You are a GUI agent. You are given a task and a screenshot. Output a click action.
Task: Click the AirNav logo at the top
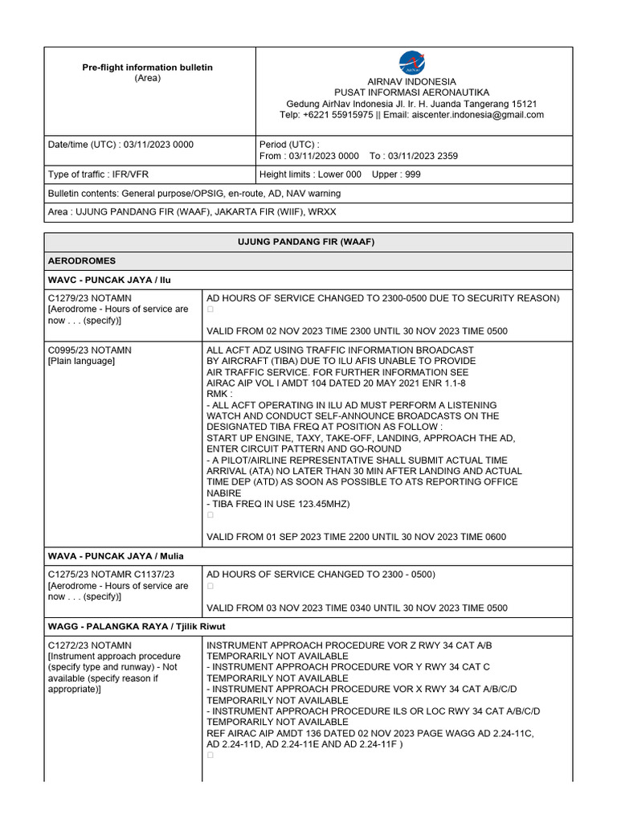point(411,63)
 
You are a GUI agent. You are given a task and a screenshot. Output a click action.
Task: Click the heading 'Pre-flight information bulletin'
point(147,68)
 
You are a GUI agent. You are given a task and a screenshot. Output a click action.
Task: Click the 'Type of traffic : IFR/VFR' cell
point(98,174)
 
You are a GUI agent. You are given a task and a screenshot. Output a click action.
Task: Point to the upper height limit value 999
point(412,174)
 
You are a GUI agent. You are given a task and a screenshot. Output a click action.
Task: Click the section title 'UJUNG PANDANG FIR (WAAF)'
point(308,242)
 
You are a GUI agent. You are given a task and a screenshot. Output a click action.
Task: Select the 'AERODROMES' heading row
point(82,261)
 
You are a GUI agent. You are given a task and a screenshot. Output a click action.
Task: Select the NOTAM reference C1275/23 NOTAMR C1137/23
point(111,575)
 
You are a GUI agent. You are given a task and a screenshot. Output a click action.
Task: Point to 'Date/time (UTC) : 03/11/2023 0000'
point(121,145)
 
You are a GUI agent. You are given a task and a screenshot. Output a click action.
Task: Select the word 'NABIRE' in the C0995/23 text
point(224,493)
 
